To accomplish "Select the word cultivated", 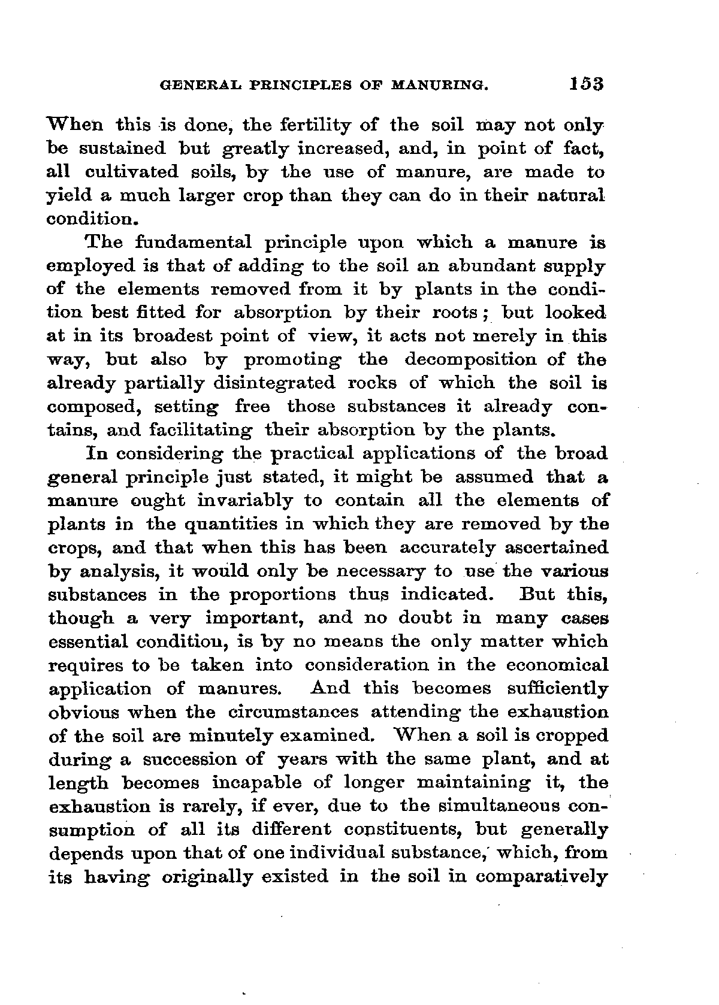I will (132, 172).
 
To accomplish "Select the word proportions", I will (285, 595).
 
